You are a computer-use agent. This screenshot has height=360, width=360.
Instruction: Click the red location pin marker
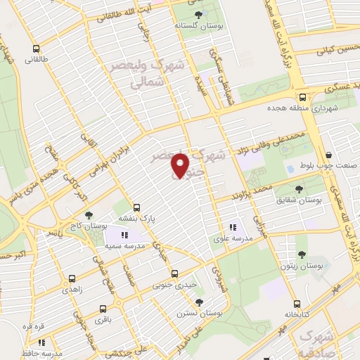(181, 165)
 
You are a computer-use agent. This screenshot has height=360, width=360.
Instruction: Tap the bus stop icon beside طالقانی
(37, 49)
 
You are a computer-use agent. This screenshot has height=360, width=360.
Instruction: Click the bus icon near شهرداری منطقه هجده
(302, 98)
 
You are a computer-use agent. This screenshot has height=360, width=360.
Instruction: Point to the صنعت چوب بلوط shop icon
(328, 156)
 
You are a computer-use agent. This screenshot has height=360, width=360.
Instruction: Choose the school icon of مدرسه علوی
(233, 226)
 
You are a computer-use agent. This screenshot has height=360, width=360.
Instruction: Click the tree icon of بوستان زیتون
(302, 255)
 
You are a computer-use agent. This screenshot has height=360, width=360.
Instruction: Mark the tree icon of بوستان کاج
(88, 215)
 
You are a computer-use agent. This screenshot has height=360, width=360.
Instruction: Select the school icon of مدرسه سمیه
(124, 236)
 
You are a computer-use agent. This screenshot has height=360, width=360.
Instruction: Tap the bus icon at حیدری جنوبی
(174, 274)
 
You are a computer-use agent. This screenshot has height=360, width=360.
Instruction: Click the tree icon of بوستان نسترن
(200, 302)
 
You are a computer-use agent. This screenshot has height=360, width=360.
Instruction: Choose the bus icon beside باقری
(103, 308)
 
